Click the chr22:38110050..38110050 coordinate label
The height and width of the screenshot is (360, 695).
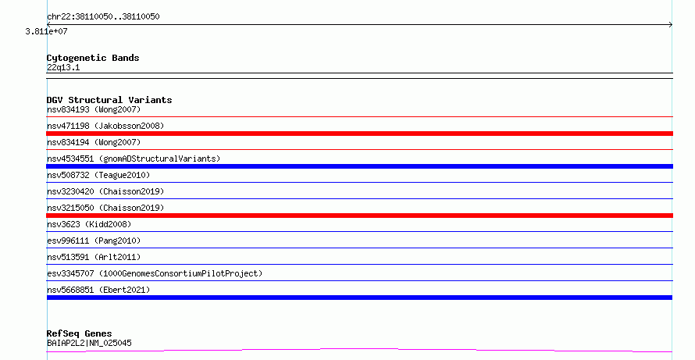point(103,17)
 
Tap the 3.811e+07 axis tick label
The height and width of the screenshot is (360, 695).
point(47,31)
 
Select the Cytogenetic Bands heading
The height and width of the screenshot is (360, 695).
point(93,58)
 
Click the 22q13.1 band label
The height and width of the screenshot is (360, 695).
point(63,67)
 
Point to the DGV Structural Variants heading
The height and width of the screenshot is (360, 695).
point(109,100)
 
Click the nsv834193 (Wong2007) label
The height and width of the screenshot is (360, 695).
point(94,109)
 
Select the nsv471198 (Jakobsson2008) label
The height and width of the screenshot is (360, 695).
point(105,126)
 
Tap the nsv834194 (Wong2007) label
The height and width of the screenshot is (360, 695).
point(94,142)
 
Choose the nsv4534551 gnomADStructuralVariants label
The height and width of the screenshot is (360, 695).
point(134,159)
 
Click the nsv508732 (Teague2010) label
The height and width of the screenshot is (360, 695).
point(98,175)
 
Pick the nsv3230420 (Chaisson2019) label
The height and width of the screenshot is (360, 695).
point(105,191)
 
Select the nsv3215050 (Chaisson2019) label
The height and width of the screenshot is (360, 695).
point(105,208)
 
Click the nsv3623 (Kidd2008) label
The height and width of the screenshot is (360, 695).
point(89,224)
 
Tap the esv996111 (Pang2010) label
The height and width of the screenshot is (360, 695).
point(94,241)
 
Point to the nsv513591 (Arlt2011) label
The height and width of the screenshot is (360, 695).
point(94,257)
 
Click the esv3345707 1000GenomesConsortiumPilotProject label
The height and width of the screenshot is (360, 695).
point(155,273)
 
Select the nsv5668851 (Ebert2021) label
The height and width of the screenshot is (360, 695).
point(98,290)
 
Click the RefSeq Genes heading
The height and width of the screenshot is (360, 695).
point(79,333)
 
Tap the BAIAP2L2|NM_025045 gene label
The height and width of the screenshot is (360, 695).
point(89,343)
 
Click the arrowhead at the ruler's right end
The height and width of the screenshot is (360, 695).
point(671,25)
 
